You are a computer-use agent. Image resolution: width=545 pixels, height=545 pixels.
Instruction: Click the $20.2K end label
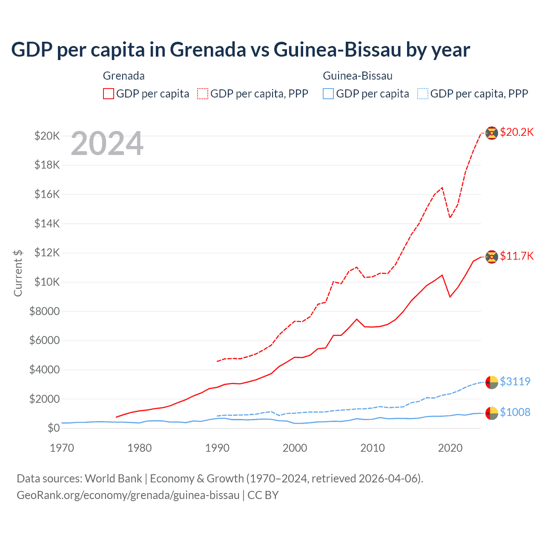coord(516,132)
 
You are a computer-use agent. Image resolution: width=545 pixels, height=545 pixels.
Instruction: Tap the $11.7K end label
coord(516,256)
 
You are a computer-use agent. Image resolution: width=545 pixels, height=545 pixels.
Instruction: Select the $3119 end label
coord(515,381)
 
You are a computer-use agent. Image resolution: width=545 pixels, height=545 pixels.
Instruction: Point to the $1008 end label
coord(515,413)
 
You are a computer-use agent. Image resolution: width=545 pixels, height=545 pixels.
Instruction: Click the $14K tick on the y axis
coord(47,224)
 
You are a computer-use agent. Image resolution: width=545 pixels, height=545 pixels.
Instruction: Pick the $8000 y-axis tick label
coord(44,311)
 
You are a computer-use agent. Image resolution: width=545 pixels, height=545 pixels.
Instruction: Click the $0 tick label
coord(53,428)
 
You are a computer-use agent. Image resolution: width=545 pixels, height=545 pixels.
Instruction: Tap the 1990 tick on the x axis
coord(217,448)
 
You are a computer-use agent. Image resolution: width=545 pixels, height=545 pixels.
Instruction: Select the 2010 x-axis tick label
coord(373,448)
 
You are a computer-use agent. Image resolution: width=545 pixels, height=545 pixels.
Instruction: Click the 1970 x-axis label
coord(62,448)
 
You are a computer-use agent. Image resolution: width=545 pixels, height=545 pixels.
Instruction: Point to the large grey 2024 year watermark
coord(107,144)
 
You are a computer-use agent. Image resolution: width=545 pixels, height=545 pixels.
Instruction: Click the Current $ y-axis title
coord(18,273)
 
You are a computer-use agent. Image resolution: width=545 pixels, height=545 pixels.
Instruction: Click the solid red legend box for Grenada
coord(109,94)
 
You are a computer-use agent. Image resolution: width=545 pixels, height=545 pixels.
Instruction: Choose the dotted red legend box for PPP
coord(203,94)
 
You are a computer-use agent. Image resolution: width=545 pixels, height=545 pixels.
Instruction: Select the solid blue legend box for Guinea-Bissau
coord(328,94)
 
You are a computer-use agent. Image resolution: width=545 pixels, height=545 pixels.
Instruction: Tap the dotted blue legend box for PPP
coord(422,94)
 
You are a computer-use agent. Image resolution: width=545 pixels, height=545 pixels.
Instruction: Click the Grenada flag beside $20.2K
coord(491,133)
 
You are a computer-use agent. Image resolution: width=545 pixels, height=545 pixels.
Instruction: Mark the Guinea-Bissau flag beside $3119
coord(491,382)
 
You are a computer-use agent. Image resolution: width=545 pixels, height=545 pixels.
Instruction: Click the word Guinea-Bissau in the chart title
coord(337,50)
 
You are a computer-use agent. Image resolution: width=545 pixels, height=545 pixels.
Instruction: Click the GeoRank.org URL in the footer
coord(128,495)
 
